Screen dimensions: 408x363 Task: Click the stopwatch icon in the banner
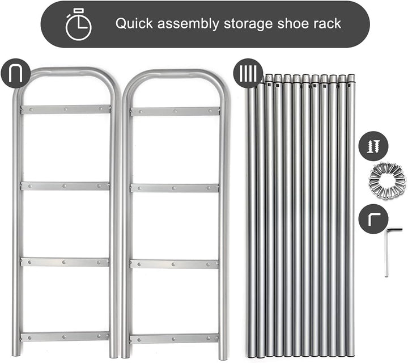click(x=79, y=24)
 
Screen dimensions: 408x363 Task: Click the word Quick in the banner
click(x=134, y=23)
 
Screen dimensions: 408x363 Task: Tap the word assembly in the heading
click(x=188, y=24)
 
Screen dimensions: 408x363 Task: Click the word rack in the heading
click(x=327, y=23)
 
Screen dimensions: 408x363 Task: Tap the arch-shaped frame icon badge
click(x=16, y=73)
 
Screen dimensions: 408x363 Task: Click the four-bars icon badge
click(x=248, y=73)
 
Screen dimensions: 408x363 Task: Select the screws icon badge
click(x=373, y=146)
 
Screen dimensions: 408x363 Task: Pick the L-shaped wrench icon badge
click(x=373, y=219)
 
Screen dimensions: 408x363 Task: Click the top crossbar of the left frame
click(x=66, y=109)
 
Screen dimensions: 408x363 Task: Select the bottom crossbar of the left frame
click(x=65, y=337)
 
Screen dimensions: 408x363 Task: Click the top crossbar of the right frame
click(x=175, y=111)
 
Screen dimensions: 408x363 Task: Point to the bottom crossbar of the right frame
click(x=174, y=339)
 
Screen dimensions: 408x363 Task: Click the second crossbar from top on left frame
click(x=65, y=186)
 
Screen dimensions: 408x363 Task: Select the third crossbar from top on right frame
click(x=174, y=264)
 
